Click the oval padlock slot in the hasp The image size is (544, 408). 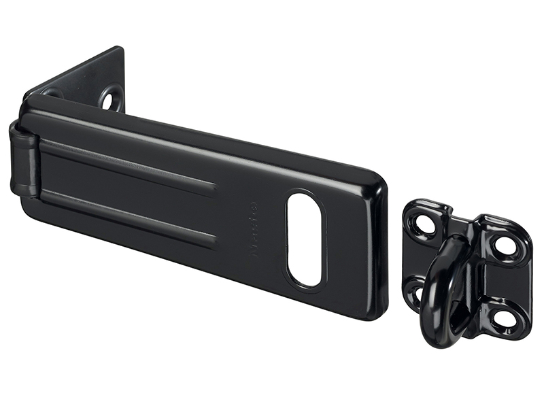point(304,239)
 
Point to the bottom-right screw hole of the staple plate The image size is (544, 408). point(503,316)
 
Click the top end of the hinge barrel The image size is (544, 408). point(20,126)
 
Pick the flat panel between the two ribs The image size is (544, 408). point(129,190)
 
